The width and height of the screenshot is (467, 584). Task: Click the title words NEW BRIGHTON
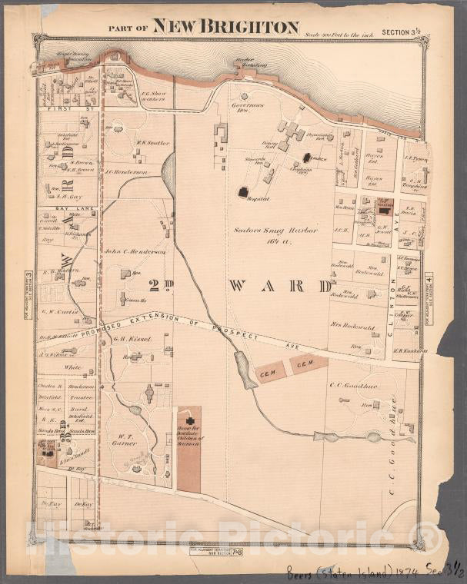(225, 27)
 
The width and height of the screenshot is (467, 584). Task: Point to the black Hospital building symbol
(244, 192)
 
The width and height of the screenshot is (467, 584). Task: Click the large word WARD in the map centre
(279, 286)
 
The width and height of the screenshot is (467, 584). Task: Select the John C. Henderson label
(135, 251)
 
